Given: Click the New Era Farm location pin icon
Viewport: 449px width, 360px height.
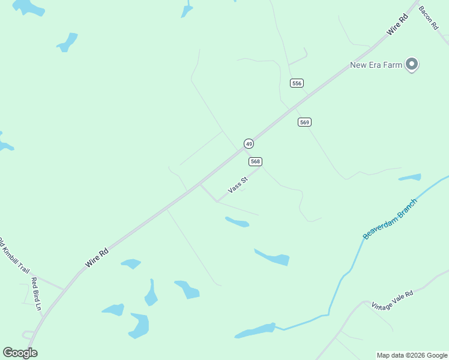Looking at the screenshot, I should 412,64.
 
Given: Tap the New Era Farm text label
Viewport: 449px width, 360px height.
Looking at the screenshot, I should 376,65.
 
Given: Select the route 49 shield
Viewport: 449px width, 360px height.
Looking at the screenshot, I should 249,143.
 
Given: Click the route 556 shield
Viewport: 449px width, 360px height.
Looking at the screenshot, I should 297,83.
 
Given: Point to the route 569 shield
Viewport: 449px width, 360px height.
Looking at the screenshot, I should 304,122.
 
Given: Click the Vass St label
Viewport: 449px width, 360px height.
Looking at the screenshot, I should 238,185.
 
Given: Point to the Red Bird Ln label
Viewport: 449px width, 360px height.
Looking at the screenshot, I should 37,293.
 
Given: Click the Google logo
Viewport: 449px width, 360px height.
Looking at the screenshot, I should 20,353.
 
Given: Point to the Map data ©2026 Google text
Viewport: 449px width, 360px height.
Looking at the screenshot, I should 412,355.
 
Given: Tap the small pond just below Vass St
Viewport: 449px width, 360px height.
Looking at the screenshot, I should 238,222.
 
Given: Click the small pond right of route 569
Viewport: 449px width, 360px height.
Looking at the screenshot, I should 410,178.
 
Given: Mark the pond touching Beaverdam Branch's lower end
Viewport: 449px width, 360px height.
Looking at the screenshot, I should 256,331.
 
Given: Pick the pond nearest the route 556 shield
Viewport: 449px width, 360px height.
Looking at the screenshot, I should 187,10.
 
